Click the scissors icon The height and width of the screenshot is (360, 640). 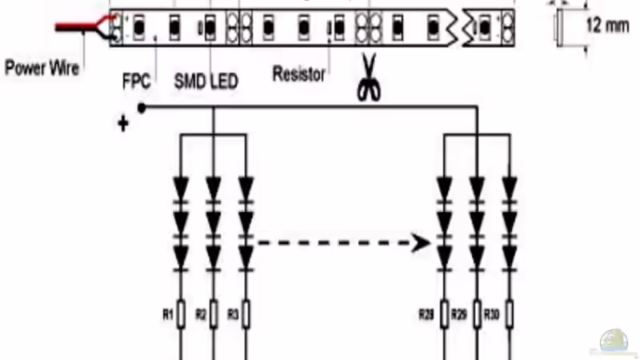[x=368, y=78]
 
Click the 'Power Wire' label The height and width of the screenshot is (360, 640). [x=42, y=68]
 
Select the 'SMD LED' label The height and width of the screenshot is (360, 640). [x=206, y=82]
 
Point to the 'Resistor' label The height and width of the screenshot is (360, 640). [x=299, y=75]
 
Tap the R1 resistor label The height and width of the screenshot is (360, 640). [x=168, y=314]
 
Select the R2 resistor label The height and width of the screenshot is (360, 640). [x=202, y=314]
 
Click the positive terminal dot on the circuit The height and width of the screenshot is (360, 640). [x=142, y=107]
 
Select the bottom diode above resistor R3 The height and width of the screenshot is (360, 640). [x=246, y=255]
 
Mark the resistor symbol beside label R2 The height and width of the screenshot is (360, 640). [x=214, y=314]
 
